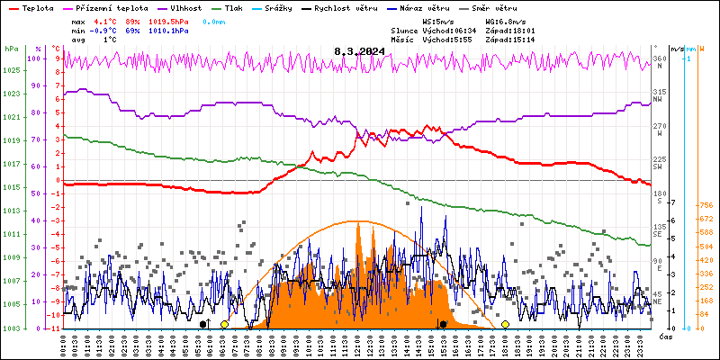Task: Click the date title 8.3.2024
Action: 359,51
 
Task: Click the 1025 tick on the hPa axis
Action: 12,69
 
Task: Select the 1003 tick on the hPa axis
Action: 12,328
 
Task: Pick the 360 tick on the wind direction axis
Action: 659,59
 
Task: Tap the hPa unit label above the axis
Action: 11,49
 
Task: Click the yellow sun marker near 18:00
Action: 506,324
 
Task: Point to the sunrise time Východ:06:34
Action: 448,30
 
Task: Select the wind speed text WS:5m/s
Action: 438,21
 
